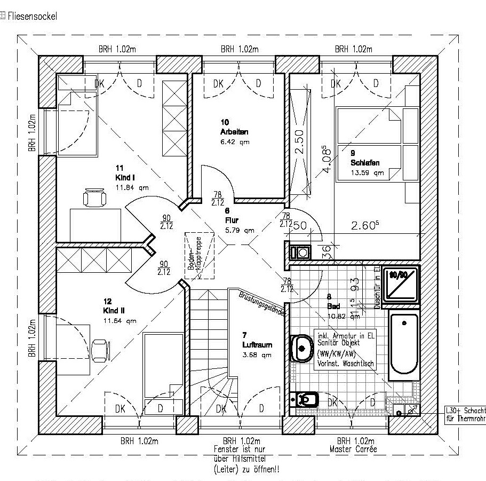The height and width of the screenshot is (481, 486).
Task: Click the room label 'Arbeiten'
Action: pyautogui.click(x=234, y=131)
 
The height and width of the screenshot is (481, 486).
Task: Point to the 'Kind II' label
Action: pyautogui.click(x=114, y=310)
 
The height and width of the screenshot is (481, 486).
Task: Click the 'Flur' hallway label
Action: pyautogui.click(x=232, y=219)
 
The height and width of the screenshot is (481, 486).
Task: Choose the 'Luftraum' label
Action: pyautogui.click(x=257, y=344)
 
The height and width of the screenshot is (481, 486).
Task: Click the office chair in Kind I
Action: pyautogui.click(x=94, y=198)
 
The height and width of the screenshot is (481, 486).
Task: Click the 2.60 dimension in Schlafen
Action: pyautogui.click(x=364, y=226)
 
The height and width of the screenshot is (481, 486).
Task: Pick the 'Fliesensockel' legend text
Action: pyautogui.click(x=31, y=16)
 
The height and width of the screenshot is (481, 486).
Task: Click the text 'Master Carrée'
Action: pyautogui.click(x=353, y=450)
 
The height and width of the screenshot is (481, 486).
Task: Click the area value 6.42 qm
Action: pyautogui.click(x=235, y=142)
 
